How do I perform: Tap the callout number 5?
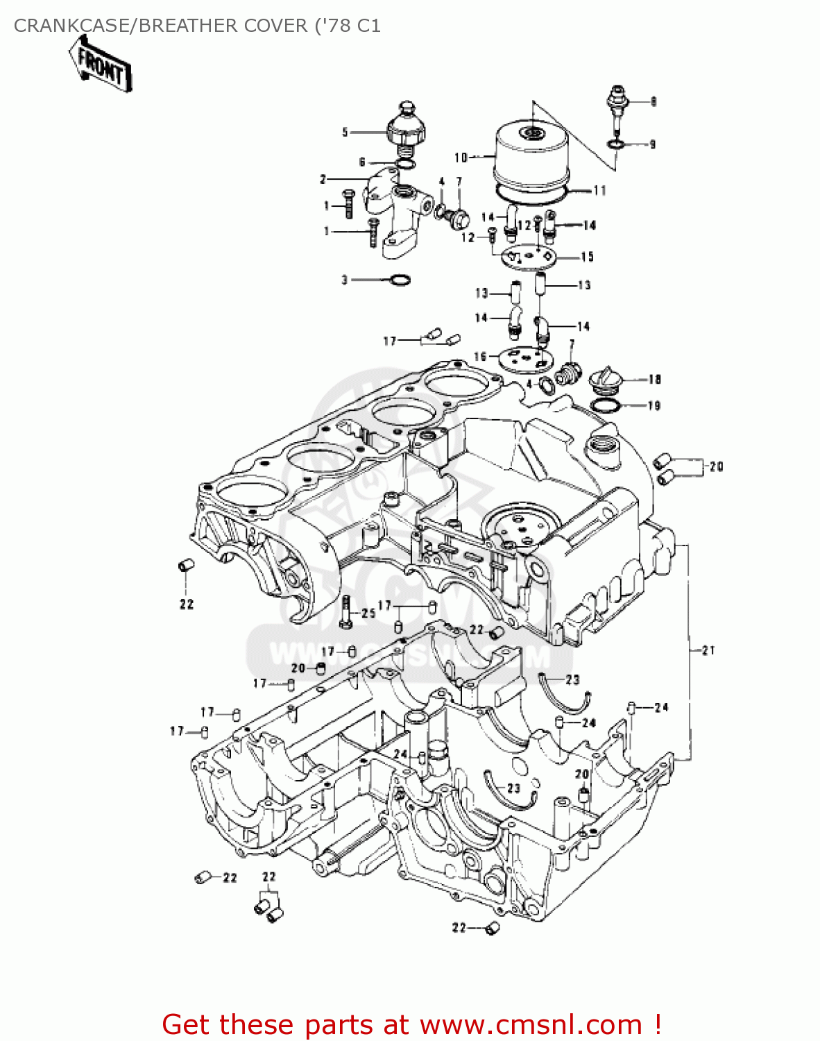(x=345, y=132)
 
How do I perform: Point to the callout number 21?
(x=708, y=650)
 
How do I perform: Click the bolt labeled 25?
(x=347, y=611)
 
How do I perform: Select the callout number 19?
(x=654, y=405)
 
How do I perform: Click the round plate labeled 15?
(x=529, y=256)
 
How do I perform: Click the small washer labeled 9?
(x=615, y=144)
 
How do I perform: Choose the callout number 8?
(x=653, y=101)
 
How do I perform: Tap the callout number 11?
(x=599, y=190)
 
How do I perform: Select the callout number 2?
(x=323, y=180)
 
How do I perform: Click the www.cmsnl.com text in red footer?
(x=531, y=1024)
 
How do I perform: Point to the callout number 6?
(x=362, y=162)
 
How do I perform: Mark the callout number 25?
(x=368, y=613)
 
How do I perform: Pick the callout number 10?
(x=461, y=158)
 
